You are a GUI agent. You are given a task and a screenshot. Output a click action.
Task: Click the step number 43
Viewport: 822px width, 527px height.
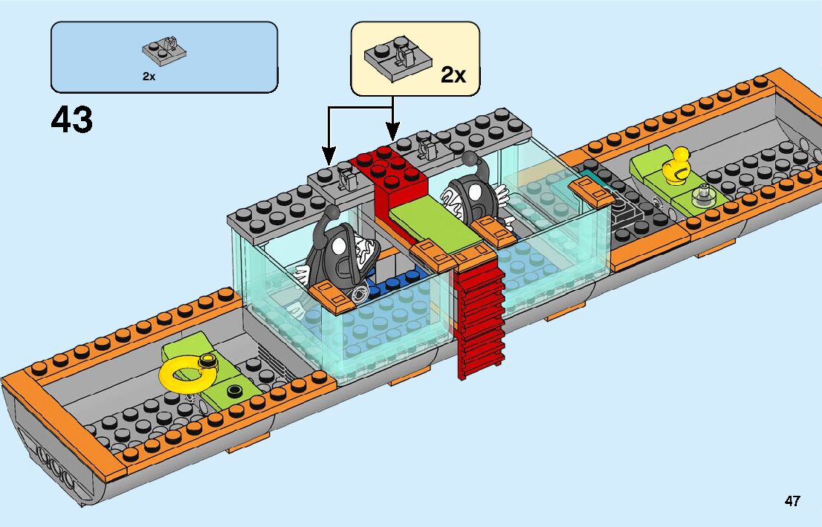pos(72,120)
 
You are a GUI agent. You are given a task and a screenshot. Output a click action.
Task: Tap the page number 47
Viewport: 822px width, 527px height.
pos(792,501)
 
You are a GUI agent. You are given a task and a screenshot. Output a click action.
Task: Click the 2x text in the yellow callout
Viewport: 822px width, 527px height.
pos(453,75)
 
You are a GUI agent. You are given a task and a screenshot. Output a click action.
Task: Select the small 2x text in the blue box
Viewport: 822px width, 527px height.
pos(149,76)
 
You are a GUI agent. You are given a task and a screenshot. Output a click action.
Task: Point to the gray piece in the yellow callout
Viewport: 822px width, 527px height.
pos(394,59)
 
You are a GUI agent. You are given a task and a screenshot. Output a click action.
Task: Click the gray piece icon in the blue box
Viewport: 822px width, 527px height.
pos(164,50)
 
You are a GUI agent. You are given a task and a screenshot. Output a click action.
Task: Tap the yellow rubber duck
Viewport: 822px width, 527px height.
pos(677,166)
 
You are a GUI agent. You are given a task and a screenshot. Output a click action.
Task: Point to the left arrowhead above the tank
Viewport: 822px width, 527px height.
pos(329,158)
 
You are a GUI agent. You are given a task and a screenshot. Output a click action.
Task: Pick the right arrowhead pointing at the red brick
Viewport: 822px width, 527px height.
pos(392,135)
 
